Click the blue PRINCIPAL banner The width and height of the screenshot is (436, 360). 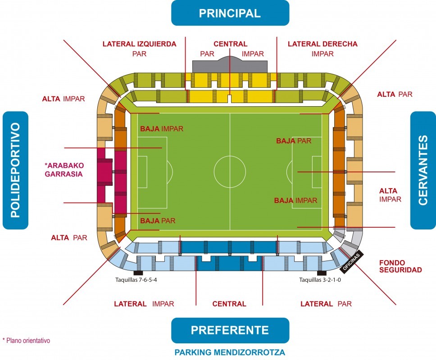(230, 13)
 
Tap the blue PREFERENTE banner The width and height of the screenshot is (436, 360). (230, 330)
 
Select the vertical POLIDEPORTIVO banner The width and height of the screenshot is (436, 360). (15, 170)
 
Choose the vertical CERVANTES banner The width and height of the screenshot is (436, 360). (422, 170)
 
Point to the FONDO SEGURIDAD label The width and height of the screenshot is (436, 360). (400, 266)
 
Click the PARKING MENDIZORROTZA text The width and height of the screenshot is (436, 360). (230, 352)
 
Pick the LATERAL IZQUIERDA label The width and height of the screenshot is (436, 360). (139, 44)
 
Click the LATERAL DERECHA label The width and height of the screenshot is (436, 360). (322, 44)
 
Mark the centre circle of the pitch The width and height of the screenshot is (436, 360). (230, 171)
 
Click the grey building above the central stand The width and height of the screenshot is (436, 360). (230, 65)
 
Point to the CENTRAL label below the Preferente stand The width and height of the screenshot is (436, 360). (229, 304)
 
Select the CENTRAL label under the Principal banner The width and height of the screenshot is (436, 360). (230, 44)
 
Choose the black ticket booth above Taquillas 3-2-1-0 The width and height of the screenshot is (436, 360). (322, 273)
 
